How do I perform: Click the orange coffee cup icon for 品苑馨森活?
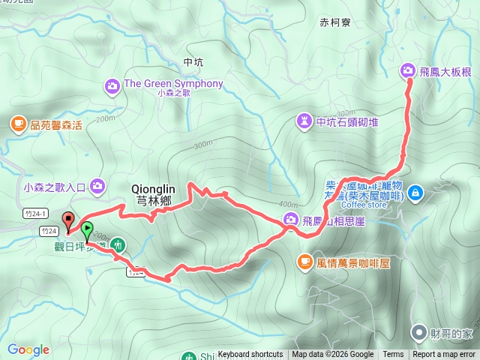point(17,123)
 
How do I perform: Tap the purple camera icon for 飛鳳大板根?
point(408,70)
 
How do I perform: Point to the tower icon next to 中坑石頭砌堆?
point(304,120)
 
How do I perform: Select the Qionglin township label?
point(153,195)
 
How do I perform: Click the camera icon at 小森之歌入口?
point(97,185)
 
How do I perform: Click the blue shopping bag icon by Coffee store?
point(415,193)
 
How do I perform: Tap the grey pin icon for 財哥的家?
point(418,331)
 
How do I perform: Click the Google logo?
point(28,349)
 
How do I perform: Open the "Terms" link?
point(393,355)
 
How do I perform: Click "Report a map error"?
point(444,355)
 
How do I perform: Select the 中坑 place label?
point(193,63)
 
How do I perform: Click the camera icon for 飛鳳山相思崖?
point(290,219)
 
